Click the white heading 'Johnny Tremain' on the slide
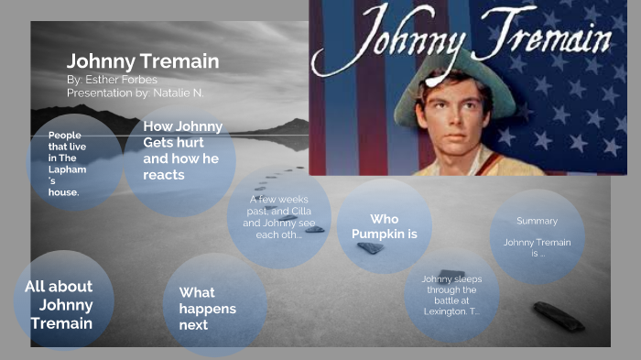point(142,61)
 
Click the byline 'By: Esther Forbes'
point(112,80)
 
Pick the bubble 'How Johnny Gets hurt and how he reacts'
point(182,150)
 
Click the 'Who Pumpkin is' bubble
point(384,226)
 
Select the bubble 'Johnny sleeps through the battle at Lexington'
point(451,295)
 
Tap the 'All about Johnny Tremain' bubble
point(60,305)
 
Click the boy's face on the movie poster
point(451,124)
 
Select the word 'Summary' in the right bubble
point(537,221)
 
